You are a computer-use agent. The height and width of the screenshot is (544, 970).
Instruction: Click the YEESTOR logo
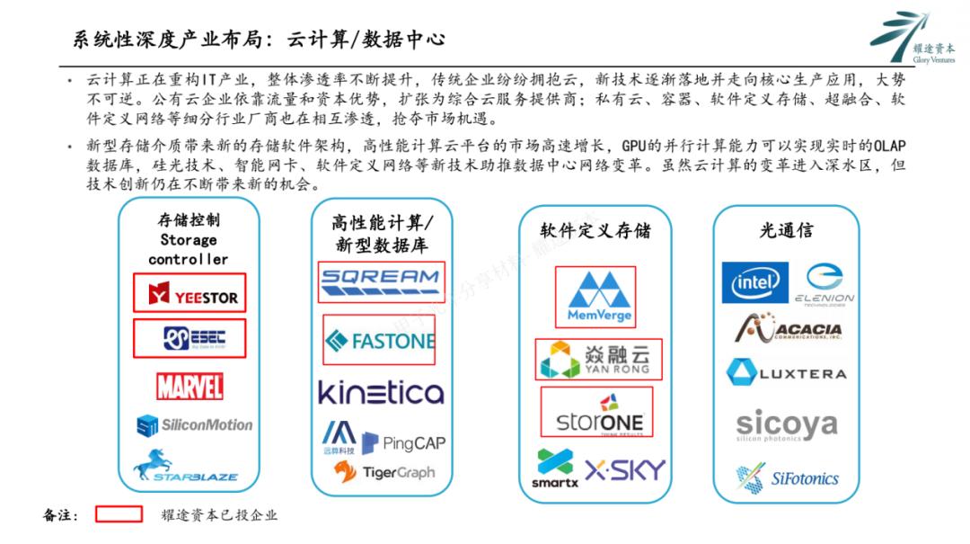pos(190,294)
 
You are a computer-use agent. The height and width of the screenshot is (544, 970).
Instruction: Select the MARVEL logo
pos(190,387)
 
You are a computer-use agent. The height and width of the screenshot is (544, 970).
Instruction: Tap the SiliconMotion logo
pos(194,425)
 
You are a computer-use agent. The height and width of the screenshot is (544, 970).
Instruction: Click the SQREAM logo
pos(380,281)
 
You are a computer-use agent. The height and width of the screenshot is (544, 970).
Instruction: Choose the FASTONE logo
pos(379,340)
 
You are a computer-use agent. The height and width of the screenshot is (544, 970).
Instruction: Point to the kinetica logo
pos(381,392)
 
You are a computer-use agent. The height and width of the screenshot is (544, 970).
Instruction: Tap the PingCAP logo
pos(403,442)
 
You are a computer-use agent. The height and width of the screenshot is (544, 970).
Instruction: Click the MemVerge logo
pos(599,297)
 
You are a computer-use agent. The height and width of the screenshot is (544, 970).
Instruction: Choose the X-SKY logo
pos(625,469)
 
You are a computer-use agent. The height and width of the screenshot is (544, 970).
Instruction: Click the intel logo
pos(754,283)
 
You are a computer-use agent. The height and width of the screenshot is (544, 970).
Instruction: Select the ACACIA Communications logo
pos(788,330)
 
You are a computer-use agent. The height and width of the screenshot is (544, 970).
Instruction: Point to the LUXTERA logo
pos(786,373)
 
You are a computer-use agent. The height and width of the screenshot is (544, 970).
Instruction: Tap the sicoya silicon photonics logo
pos(786,425)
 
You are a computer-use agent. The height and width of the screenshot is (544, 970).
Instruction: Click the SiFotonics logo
pos(787,477)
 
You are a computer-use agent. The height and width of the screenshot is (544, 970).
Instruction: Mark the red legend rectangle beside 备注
pos(119,514)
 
